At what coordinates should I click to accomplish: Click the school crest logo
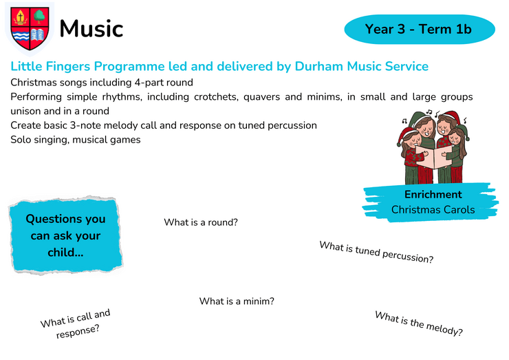tap(30, 29)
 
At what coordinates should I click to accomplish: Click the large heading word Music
tap(91, 29)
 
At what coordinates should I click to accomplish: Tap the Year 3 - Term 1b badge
tap(420, 29)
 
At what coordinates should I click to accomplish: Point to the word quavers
tap(261, 97)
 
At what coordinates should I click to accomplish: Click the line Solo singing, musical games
tap(76, 140)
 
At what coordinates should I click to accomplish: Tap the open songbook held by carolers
tap(433, 156)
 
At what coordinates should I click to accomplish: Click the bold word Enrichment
tap(433, 194)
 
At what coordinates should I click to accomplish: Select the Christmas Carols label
tap(433, 209)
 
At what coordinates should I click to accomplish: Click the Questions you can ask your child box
tap(65, 235)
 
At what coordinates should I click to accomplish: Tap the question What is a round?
tap(201, 222)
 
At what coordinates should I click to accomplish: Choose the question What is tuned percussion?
tap(376, 252)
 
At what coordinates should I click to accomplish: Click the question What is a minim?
tap(237, 301)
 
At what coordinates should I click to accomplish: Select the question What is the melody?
tap(419, 324)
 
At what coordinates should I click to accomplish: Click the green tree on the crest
tap(40, 16)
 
